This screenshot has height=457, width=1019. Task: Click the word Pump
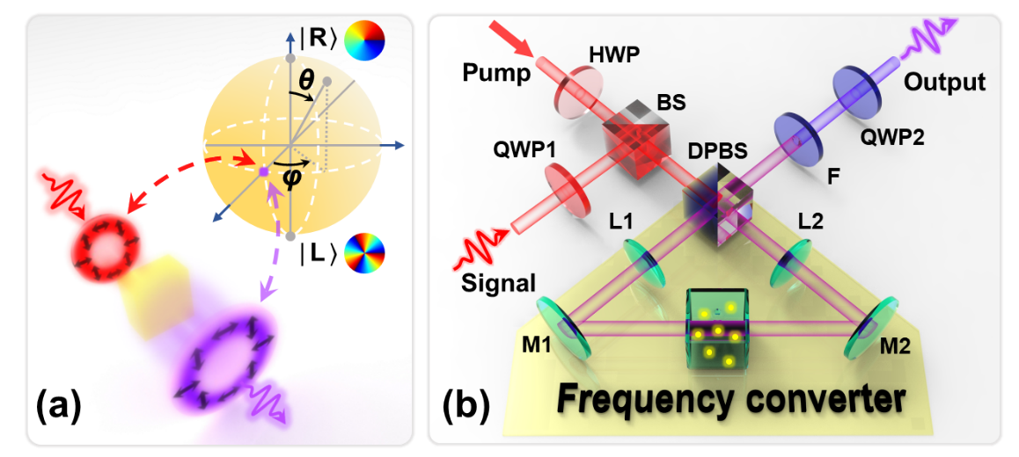[x=496, y=73]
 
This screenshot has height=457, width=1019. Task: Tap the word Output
[x=946, y=82]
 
